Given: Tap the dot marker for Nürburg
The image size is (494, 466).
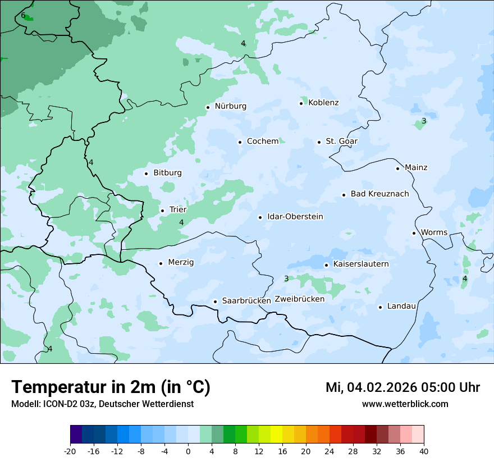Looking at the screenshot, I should (208, 107).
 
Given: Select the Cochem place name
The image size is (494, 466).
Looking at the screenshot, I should (262, 141).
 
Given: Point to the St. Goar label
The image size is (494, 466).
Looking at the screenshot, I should (341, 141).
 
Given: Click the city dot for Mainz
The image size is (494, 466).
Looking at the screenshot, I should (397, 168).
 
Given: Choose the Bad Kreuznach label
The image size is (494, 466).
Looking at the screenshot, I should (379, 194).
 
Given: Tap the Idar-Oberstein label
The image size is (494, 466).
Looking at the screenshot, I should (295, 217).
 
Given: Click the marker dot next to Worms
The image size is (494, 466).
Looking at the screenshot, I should (414, 233).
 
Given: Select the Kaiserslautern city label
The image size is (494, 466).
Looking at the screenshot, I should (360, 264).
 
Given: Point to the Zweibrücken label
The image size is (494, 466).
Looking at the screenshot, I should (299, 299).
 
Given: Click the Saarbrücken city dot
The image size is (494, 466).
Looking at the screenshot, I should (215, 301).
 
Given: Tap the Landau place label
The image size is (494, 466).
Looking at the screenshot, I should (401, 307).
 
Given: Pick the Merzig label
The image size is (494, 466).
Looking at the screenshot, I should (181, 263).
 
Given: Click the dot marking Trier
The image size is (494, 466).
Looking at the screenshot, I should (162, 211).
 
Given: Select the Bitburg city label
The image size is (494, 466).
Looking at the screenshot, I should (167, 173).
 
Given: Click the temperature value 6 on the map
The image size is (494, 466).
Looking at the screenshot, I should (23, 16).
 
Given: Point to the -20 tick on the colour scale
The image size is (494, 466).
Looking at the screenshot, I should (70, 451).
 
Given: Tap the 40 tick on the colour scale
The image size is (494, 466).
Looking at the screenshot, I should (424, 451).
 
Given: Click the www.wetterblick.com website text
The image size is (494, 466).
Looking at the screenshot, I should (405, 404).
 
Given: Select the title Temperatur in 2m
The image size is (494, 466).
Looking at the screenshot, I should (111, 387).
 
